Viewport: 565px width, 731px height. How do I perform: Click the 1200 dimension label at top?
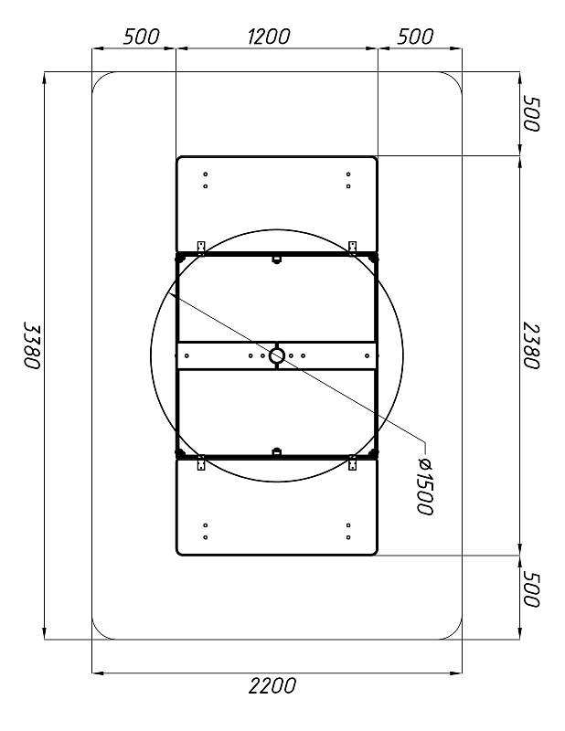[x=269, y=37]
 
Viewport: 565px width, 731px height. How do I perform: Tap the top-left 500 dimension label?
[x=142, y=37]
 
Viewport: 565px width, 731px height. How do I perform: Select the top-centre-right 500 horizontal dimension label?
[x=415, y=37]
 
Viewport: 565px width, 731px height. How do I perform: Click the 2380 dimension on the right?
[x=531, y=345]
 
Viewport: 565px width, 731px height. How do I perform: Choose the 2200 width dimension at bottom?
[x=272, y=686]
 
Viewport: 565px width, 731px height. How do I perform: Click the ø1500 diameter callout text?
[x=425, y=486]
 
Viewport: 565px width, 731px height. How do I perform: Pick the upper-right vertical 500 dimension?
[x=531, y=113]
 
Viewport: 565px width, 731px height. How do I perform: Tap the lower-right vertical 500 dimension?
[x=531, y=588]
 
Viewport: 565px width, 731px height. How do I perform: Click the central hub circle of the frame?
[x=277, y=355]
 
